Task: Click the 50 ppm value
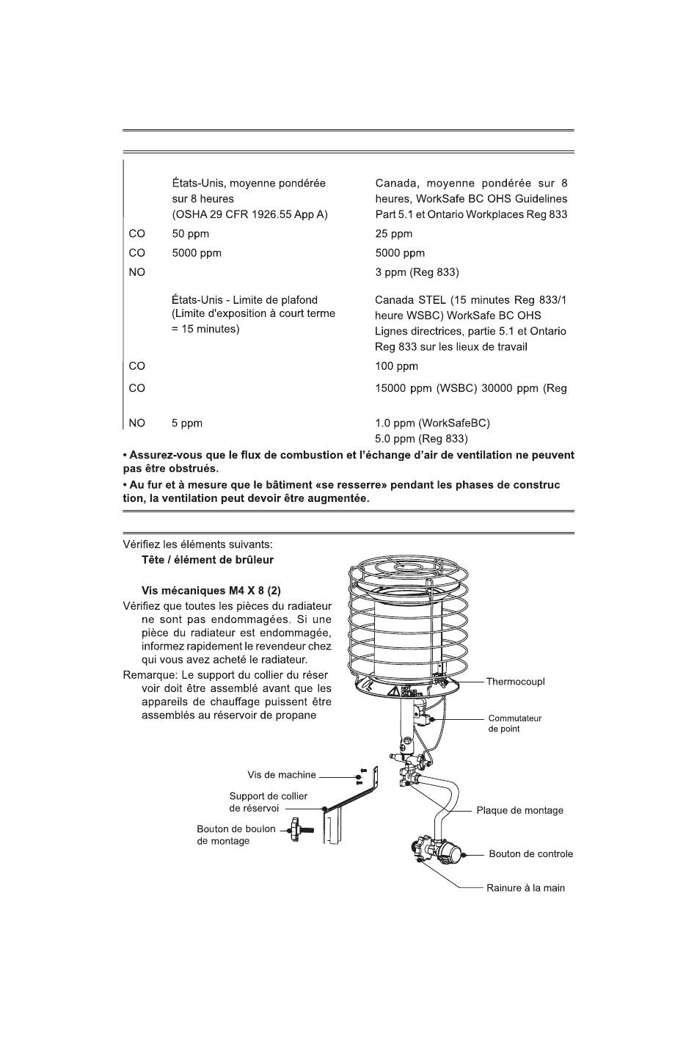(x=190, y=234)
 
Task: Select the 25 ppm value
(x=393, y=234)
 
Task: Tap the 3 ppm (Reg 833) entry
(x=417, y=272)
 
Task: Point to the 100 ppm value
(x=396, y=366)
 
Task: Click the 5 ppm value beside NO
(x=187, y=423)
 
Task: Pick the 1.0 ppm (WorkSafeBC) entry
(x=432, y=423)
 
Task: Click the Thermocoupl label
(x=515, y=682)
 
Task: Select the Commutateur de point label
(x=514, y=724)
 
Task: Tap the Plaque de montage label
(x=519, y=811)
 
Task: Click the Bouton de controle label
(x=530, y=854)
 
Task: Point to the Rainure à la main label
(x=525, y=888)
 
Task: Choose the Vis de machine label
(x=282, y=775)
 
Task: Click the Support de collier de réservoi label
(x=268, y=802)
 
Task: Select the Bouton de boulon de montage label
(x=236, y=835)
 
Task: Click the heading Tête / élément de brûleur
(x=207, y=560)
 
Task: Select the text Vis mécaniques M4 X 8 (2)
(x=211, y=591)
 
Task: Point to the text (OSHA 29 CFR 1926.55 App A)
(x=249, y=215)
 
